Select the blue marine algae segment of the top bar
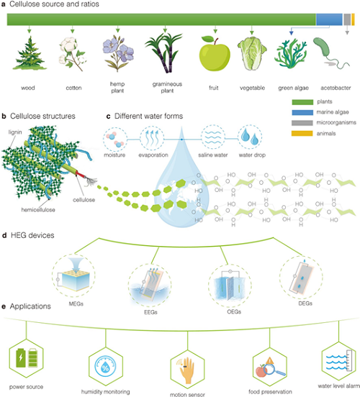pyautogui.click(x=329, y=19)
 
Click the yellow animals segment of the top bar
pyautogui.click(x=353, y=19)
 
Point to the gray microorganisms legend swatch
pyautogui.click(x=302, y=123)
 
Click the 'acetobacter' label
pyautogui.click(x=336, y=88)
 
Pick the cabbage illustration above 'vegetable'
pyautogui.click(x=252, y=53)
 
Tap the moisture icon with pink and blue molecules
pyautogui.click(x=115, y=140)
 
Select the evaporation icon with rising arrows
pyautogui.click(x=152, y=139)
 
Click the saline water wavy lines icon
pyautogui.click(x=212, y=137)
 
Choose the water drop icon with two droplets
pyautogui.click(x=250, y=137)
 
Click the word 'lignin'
pyautogui.click(x=15, y=132)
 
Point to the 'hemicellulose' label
pyautogui.click(x=38, y=209)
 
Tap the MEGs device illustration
pyautogui.click(x=73, y=275)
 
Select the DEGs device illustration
pyautogui.click(x=301, y=278)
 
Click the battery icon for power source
pyautogui.click(x=27, y=357)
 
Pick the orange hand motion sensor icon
pyautogui.click(x=187, y=370)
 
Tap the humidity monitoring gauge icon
pyautogui.click(x=105, y=367)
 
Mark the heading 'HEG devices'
pyautogui.click(x=32, y=235)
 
